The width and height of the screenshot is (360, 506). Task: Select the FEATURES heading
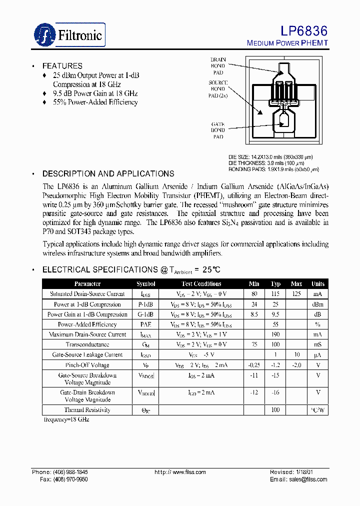(x=62, y=66)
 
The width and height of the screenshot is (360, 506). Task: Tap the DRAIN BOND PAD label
(x=218, y=65)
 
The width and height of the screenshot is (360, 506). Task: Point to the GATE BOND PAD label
(x=218, y=130)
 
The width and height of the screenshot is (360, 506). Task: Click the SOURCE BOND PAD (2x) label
(x=218, y=88)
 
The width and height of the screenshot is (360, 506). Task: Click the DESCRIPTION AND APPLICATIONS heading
(x=108, y=174)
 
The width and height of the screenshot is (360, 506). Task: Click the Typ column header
(x=275, y=283)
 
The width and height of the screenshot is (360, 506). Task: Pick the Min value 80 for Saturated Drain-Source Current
(x=254, y=294)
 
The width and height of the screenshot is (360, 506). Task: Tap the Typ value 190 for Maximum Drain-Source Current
(x=275, y=334)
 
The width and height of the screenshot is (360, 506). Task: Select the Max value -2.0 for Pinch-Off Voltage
(x=296, y=365)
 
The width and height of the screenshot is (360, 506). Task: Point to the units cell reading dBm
(x=317, y=304)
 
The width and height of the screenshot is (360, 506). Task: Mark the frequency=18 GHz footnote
(x=65, y=420)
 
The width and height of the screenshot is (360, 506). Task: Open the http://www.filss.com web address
(x=180, y=472)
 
